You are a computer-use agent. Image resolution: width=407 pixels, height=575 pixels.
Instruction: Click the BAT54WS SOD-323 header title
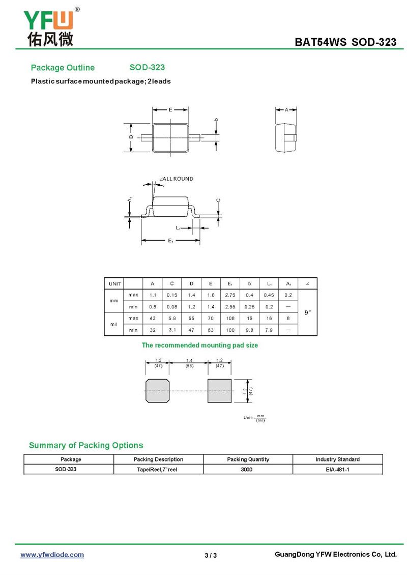coord(345,42)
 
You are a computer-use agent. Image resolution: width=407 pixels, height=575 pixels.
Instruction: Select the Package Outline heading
coord(63,68)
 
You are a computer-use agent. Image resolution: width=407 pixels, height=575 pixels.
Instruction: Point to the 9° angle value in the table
coord(308,312)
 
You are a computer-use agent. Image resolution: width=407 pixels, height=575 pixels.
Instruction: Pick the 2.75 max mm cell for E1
coord(230,295)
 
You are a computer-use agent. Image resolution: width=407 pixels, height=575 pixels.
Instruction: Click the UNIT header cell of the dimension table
coord(114,283)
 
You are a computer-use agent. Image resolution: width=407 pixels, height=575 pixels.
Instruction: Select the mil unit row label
coord(114,324)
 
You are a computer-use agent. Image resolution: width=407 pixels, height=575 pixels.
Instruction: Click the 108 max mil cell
coord(230,318)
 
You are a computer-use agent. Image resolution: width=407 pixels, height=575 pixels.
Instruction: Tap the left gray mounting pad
coord(157,390)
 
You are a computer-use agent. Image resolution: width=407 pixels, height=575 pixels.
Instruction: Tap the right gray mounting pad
coord(219,390)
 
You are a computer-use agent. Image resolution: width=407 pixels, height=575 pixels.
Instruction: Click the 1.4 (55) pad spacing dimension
coord(189,362)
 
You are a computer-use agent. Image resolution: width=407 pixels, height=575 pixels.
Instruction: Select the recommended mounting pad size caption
coord(199,346)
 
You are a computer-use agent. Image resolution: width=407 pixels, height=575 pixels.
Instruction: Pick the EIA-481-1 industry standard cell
coord(337,469)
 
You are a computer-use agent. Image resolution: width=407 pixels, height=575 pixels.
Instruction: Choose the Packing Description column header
coord(158,459)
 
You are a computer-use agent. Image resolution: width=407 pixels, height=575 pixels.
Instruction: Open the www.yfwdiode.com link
coord(52,555)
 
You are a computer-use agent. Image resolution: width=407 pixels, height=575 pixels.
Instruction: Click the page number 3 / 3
coord(211,555)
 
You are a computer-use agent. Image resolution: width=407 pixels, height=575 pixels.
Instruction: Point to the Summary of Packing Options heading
coord(86,445)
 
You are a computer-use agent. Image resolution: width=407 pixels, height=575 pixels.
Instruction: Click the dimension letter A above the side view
coord(286,109)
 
